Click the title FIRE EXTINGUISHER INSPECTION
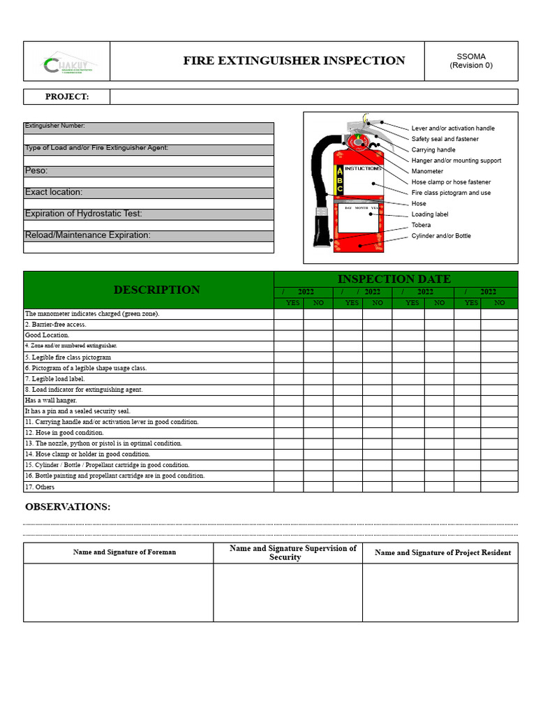[x=294, y=61]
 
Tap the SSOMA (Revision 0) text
[x=471, y=61]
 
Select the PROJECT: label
[x=67, y=97]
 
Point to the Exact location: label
[x=54, y=192]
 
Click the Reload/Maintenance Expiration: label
[x=87, y=235]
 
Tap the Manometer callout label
[x=427, y=171]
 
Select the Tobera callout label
[x=421, y=225]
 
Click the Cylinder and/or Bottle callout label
[x=441, y=236]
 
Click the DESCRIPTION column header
[x=156, y=290]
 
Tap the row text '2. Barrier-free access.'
[x=56, y=325]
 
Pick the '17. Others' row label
[x=40, y=487]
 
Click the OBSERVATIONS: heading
[x=68, y=507]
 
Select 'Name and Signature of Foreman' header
[x=124, y=552]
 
